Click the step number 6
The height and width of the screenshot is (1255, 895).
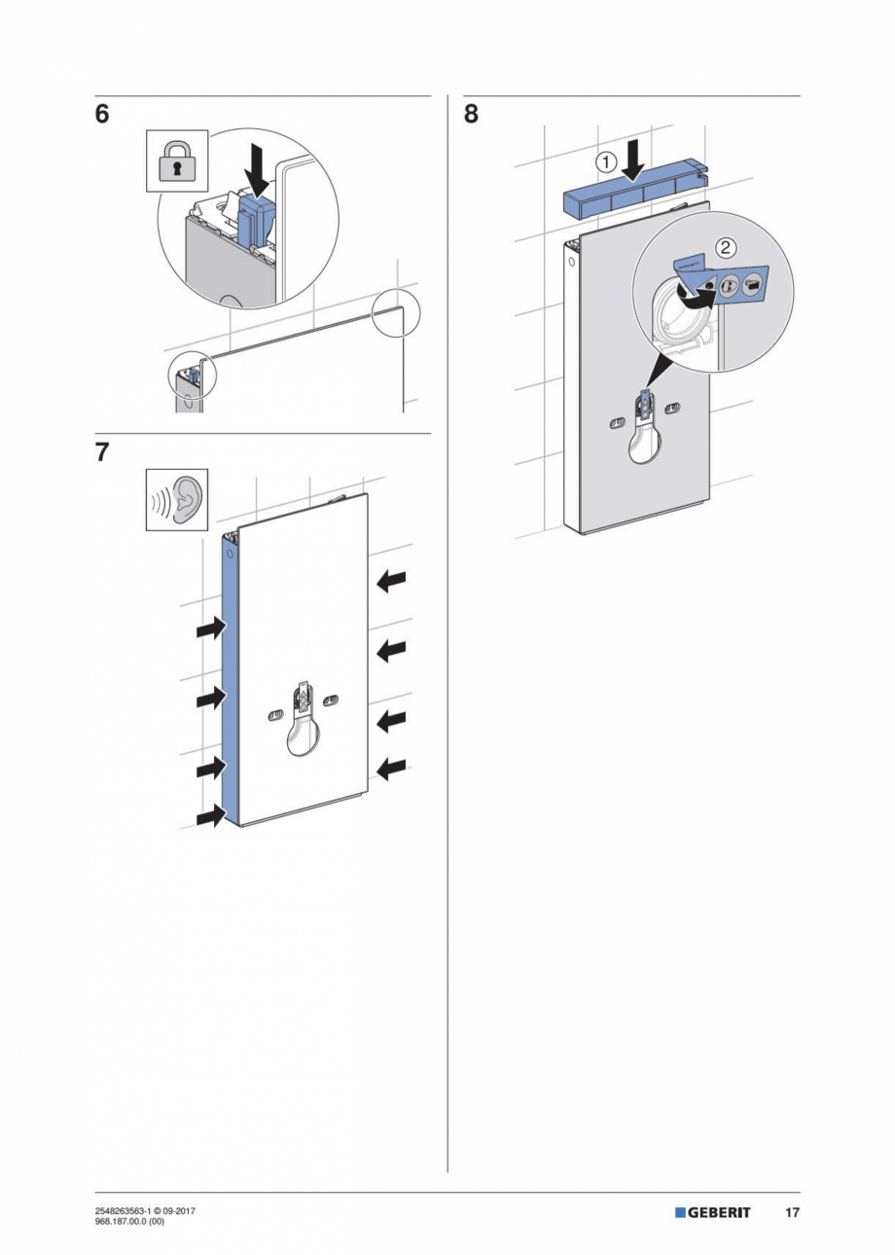point(102,114)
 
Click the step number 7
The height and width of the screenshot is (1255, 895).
point(102,452)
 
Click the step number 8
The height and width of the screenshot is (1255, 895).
point(471,114)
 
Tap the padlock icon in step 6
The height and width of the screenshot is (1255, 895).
point(177,161)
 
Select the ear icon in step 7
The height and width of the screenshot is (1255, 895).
point(177,500)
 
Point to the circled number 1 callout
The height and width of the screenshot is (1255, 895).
point(605,162)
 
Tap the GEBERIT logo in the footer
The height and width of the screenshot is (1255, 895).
point(713,1212)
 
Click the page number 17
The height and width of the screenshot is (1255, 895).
point(793,1212)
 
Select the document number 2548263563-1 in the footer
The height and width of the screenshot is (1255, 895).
point(121,1209)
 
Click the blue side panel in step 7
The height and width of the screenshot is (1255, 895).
point(230,681)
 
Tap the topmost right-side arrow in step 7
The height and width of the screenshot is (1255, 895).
point(391,581)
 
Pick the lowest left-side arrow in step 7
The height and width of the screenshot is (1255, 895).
point(210,816)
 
